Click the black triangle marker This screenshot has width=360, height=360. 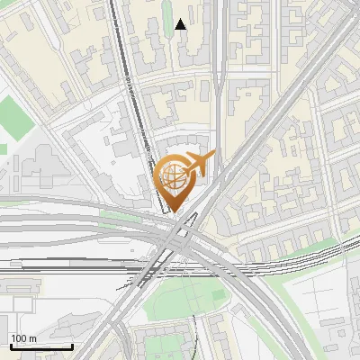coord(181,25)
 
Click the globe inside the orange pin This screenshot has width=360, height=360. coord(174,175)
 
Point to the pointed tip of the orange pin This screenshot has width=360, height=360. coord(175,212)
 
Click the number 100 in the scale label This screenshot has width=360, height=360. coord(18,338)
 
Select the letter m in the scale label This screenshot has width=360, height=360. coord(31,338)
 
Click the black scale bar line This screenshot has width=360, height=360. coord(40,346)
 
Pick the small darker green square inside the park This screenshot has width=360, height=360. coord(216,294)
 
